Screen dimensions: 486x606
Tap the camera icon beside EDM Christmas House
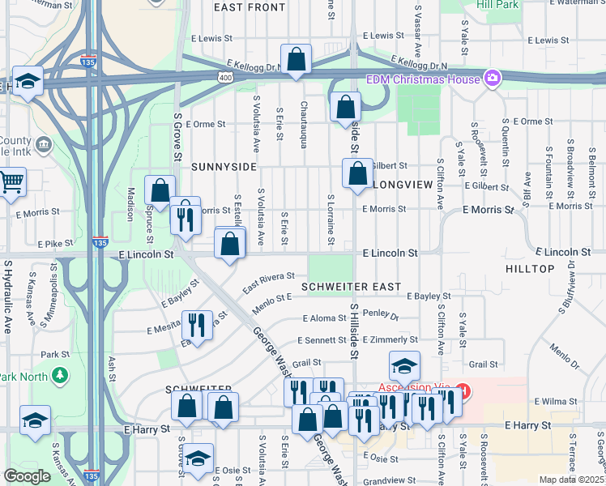[491, 79]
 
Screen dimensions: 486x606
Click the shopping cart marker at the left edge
[11, 181]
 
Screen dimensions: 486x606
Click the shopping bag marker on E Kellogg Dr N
[297, 59]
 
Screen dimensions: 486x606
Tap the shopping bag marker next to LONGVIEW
[357, 173]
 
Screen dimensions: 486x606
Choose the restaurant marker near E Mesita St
[197, 326]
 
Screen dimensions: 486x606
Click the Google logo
[27, 476]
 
